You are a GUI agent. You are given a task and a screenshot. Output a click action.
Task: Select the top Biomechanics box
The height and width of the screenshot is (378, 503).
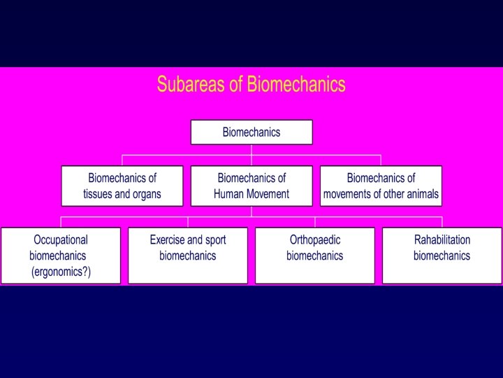pyautogui.click(x=251, y=132)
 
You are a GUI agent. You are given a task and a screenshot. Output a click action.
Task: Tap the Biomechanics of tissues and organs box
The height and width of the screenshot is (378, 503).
pyautogui.click(x=122, y=185)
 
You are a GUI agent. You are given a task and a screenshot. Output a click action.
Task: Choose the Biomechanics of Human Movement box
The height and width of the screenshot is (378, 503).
pyautogui.click(x=251, y=185)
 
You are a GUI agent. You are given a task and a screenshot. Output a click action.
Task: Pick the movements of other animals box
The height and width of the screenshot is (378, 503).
pyautogui.click(x=381, y=185)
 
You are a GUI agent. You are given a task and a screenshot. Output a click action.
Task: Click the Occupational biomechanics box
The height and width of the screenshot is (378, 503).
pyautogui.click(x=61, y=255)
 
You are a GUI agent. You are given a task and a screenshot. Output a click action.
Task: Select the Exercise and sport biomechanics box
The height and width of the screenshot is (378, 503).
pyautogui.click(x=188, y=255)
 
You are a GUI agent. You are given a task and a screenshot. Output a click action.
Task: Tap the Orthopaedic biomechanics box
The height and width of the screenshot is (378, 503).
pyautogui.click(x=315, y=255)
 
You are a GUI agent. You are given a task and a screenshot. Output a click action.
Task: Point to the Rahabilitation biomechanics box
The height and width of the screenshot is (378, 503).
pyautogui.click(x=442, y=255)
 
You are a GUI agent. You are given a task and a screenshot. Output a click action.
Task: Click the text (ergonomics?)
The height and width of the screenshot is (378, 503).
pyautogui.click(x=61, y=272)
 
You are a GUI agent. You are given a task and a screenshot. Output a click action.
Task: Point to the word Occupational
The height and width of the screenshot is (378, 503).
pyautogui.click(x=61, y=239)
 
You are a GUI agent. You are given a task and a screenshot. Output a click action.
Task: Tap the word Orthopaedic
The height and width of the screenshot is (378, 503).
pyautogui.click(x=315, y=239)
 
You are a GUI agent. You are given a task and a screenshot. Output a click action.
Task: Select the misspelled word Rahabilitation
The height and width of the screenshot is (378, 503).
pyautogui.click(x=442, y=239)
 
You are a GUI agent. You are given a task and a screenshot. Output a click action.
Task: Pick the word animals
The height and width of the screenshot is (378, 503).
pyautogui.click(x=420, y=194)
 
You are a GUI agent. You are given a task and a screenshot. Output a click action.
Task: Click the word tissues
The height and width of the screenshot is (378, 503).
pyautogui.click(x=99, y=194)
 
